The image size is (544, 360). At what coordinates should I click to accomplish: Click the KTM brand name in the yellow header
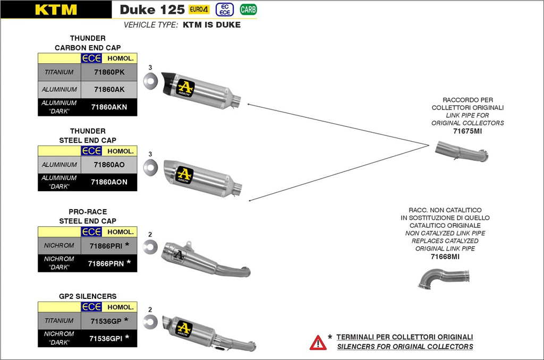56,10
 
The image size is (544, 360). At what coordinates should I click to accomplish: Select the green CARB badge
248,9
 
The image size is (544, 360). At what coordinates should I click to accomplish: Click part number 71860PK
109,72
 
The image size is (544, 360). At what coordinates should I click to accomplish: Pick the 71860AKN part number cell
109,107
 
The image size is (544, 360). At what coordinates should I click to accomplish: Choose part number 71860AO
109,165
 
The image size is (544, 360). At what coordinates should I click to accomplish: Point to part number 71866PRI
106,245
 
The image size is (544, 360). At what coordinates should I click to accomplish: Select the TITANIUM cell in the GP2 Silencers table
59,321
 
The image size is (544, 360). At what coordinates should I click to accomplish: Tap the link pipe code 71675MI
467,131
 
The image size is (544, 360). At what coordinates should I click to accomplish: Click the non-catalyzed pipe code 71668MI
445,256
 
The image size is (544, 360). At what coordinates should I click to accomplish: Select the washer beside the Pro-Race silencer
150,245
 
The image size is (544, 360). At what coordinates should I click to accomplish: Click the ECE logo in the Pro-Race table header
91,232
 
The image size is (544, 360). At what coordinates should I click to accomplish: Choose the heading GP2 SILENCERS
88,296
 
